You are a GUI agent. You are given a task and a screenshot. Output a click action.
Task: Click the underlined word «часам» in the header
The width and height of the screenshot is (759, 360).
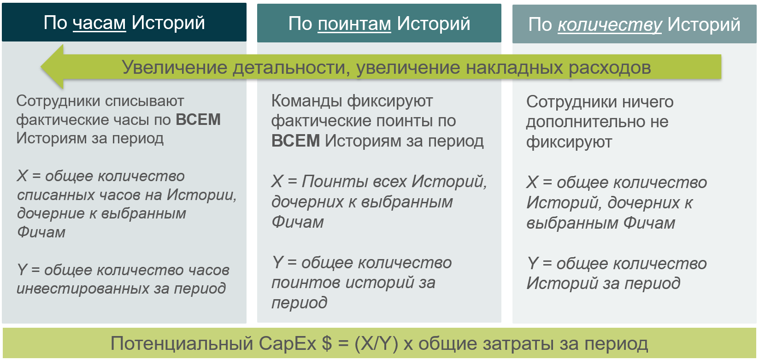pos(99,24)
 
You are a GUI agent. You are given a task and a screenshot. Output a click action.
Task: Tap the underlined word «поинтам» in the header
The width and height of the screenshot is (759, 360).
pos(354,24)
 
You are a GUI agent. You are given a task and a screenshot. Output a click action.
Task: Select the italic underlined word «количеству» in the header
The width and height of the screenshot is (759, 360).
pos(610,25)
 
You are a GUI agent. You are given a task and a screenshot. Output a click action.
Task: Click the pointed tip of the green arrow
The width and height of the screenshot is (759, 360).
pos(41,67)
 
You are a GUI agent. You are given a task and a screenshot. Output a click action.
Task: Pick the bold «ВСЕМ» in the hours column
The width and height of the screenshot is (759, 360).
pos(198,120)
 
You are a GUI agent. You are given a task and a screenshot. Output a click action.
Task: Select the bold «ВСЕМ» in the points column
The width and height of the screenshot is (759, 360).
pos(296,141)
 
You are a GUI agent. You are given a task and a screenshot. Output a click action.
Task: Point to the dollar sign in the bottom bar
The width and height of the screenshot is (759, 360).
pos(327,343)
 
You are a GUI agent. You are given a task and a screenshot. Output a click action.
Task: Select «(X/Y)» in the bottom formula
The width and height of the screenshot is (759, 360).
pos(377,344)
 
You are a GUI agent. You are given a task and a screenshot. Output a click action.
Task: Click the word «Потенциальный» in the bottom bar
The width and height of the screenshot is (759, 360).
pos(182,343)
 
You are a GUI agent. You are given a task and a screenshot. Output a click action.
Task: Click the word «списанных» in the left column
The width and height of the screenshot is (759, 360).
pos(56,195)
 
